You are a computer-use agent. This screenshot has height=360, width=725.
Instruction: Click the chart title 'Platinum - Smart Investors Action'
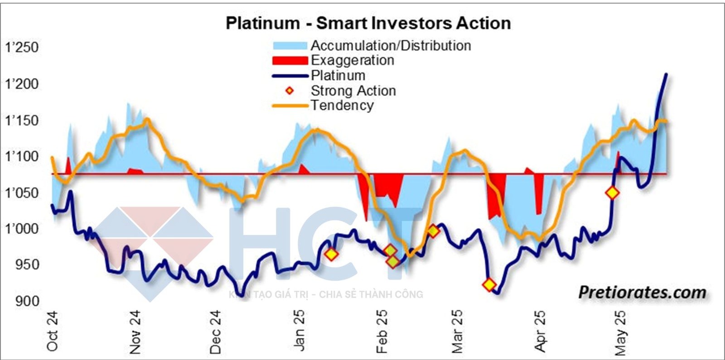(368, 23)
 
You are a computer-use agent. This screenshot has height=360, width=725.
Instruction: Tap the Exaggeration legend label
(352, 60)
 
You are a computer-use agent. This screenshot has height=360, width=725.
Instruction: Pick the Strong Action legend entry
(353, 91)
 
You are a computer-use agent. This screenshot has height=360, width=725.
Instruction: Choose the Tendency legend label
(342, 106)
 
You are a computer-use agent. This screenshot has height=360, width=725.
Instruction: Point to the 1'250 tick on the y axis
(21, 48)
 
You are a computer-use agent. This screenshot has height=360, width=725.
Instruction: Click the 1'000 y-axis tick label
(21, 229)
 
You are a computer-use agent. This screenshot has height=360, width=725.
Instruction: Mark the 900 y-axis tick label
(27, 301)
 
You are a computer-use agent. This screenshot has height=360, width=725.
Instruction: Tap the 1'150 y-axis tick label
(21, 120)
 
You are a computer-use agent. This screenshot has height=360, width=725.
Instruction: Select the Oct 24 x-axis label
(53, 331)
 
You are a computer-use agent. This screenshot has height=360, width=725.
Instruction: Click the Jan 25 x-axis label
(299, 331)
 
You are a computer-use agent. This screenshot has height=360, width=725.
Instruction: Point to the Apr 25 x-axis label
(540, 331)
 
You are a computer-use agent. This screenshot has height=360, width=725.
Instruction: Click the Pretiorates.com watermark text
(642, 293)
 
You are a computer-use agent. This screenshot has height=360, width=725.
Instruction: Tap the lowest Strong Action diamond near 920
(489, 285)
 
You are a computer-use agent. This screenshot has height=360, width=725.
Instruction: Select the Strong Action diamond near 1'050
(613, 193)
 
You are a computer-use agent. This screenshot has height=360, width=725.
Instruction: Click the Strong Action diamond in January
(331, 254)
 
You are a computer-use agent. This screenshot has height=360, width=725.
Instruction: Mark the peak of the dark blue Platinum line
(666, 74)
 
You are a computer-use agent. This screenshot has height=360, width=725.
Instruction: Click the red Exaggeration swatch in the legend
(290, 61)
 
